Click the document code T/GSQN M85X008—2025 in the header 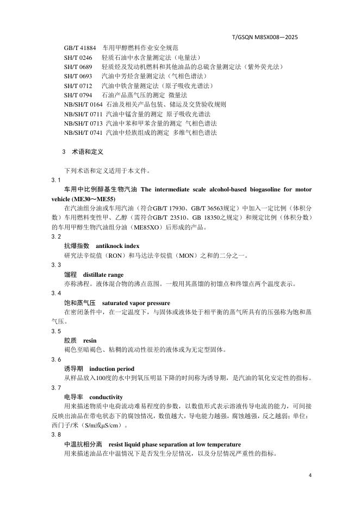point(265,37)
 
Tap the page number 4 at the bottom point(309,475)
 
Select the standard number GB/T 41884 point(80,48)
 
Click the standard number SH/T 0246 point(78,57)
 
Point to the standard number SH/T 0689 point(78,67)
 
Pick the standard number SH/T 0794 point(78,95)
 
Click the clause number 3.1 point(56,180)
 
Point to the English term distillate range point(103,275)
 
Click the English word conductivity point(106,397)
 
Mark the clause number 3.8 point(56,435)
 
